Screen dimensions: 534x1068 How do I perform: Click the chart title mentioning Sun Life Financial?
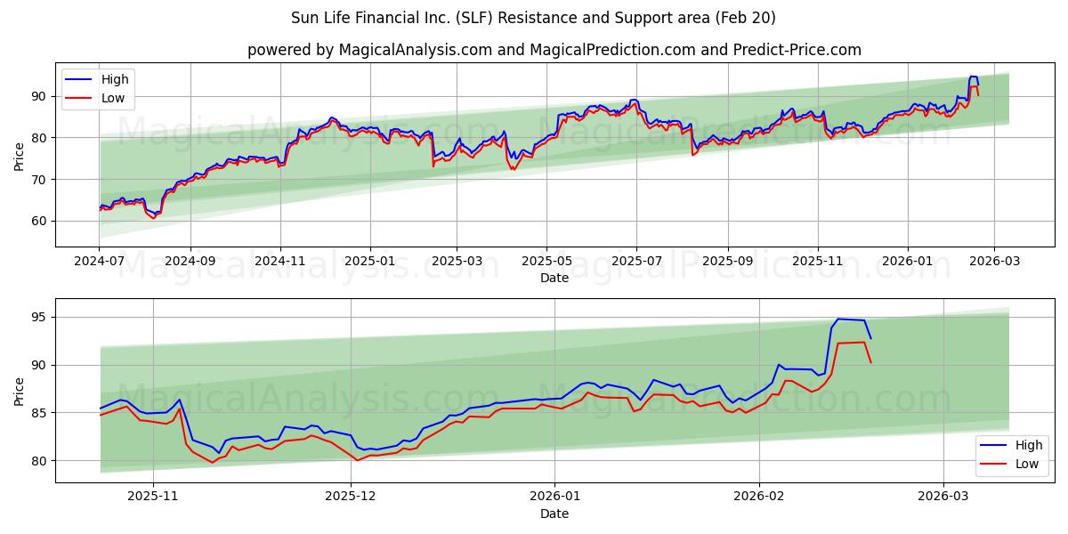pyautogui.click(x=533, y=18)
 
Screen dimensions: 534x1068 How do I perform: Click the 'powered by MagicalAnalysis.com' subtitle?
pyautogui.click(x=554, y=50)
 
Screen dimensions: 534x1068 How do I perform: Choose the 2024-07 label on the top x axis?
pyautogui.click(x=99, y=262)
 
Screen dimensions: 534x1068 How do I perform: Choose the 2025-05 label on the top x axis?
pyautogui.click(x=546, y=262)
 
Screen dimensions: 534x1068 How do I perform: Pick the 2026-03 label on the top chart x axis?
pyautogui.click(x=993, y=262)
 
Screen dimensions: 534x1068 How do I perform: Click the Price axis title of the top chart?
pyautogui.click(x=20, y=155)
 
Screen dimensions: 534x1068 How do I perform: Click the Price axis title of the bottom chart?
pyautogui.click(x=20, y=391)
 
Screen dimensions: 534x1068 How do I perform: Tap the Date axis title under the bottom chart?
pyautogui.click(x=554, y=514)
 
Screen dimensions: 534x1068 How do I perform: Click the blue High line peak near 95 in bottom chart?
pyautogui.click(x=838, y=319)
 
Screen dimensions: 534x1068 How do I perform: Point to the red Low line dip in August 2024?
pyautogui.click(x=154, y=217)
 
